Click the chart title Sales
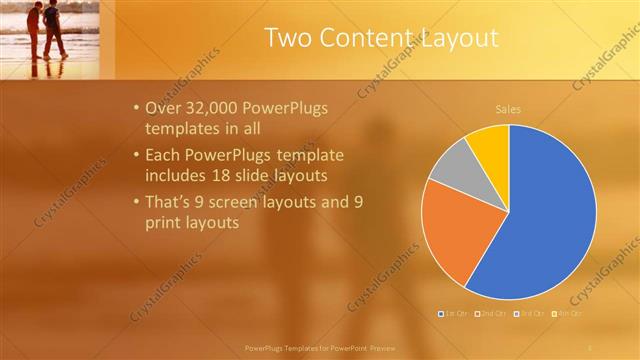(x=508, y=109)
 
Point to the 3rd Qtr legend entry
(x=530, y=314)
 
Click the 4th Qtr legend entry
(x=567, y=314)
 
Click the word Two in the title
(x=290, y=39)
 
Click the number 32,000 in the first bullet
(x=208, y=108)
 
